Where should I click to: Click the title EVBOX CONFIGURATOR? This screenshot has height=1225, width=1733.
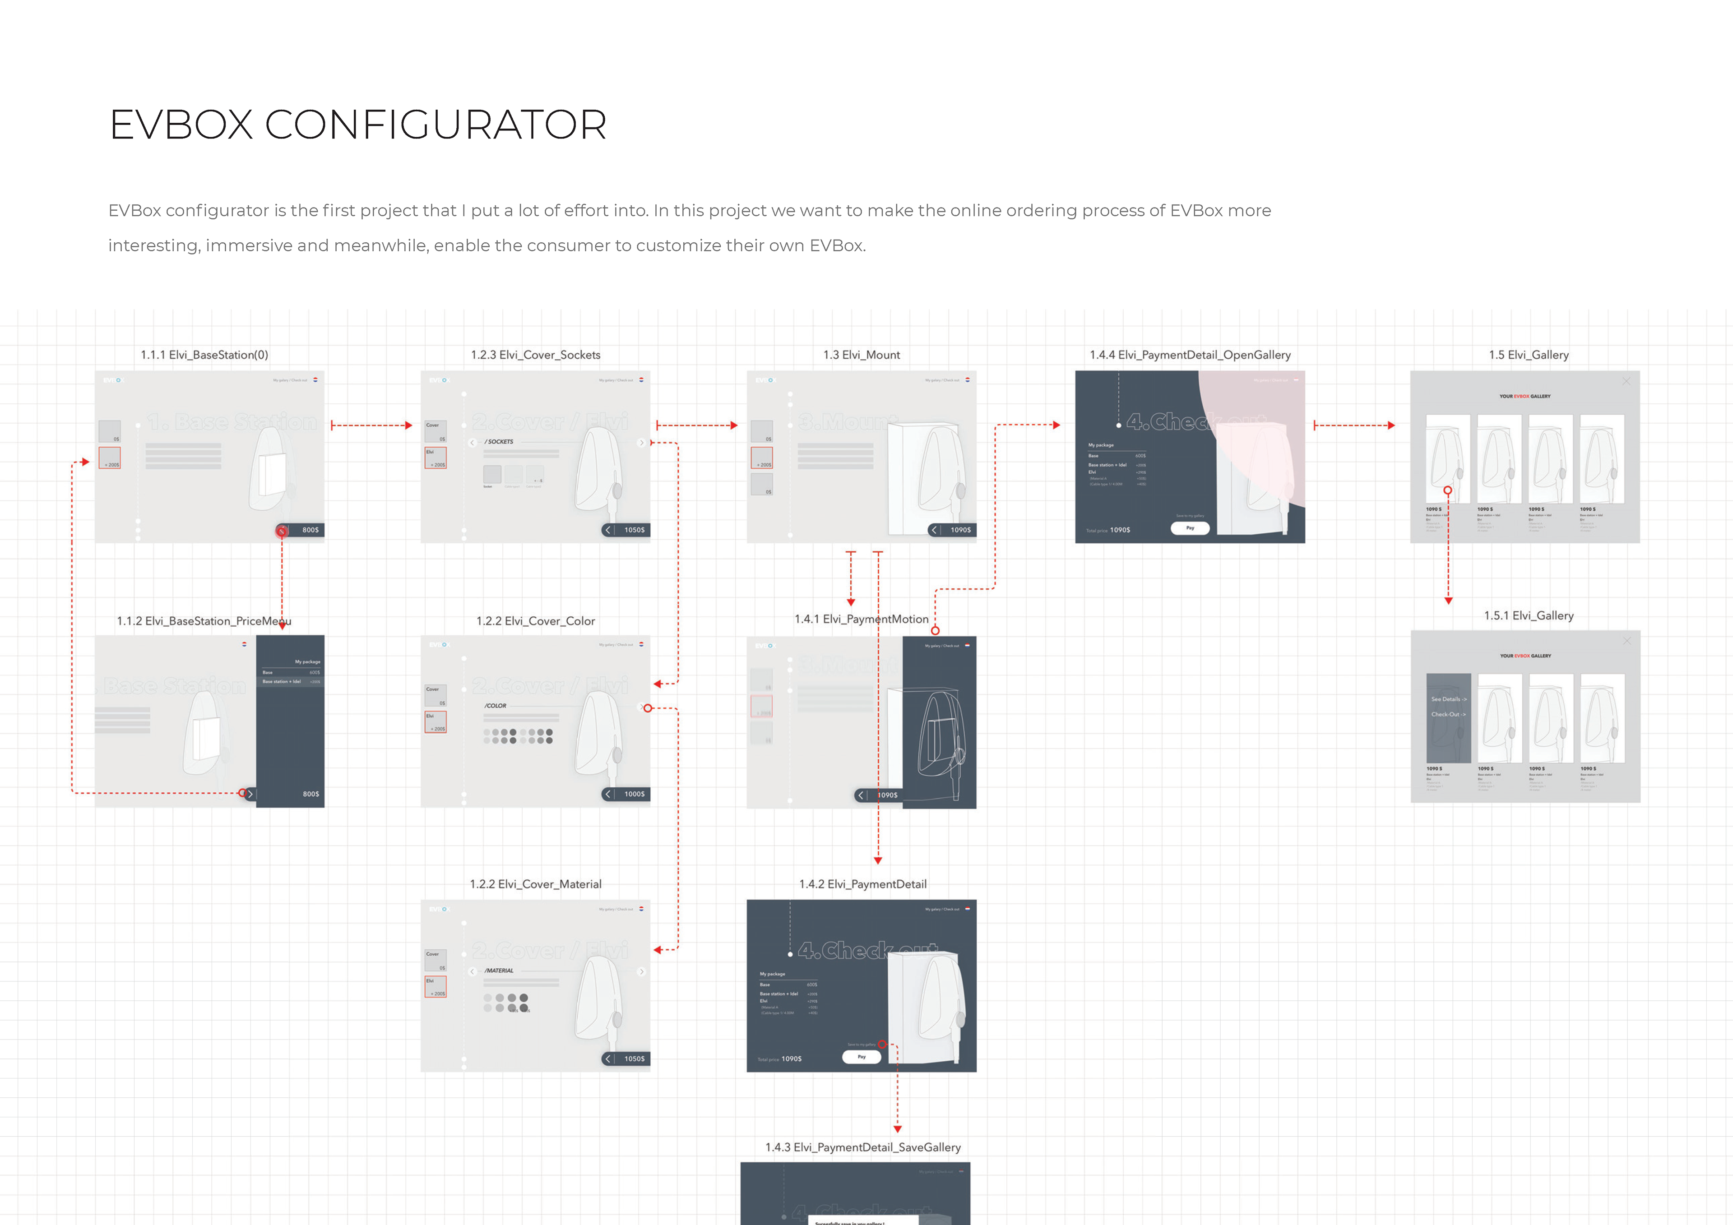[358, 125]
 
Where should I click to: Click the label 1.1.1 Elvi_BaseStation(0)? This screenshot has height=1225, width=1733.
[204, 355]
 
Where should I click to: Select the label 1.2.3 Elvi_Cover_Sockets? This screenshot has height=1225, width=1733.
[535, 355]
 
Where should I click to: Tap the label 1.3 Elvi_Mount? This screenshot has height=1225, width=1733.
[861, 355]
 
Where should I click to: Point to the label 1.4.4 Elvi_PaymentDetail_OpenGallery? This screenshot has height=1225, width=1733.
[1190, 355]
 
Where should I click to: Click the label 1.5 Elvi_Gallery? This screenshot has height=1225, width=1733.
[1529, 355]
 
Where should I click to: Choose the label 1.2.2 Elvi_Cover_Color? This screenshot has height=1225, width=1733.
[535, 621]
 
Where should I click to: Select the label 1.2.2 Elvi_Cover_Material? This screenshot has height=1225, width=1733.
[535, 884]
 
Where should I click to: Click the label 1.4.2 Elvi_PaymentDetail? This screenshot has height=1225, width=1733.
[863, 884]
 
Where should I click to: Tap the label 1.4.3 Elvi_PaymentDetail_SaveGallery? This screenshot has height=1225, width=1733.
[863, 1147]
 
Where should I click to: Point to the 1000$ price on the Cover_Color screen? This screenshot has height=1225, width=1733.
[634, 794]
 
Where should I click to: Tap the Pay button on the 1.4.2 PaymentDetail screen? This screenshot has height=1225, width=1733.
[861, 1057]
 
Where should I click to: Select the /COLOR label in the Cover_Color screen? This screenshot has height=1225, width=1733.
[496, 706]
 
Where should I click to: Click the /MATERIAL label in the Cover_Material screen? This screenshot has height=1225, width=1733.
[499, 971]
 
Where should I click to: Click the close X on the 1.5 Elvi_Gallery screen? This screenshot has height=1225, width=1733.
[1626, 381]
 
